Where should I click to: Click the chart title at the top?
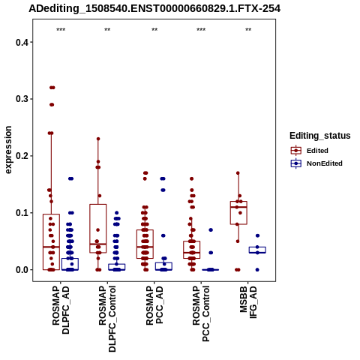154,8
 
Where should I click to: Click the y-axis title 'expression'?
8,150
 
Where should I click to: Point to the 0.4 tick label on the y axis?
21,42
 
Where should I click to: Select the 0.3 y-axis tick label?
21,99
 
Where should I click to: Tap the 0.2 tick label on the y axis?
21,156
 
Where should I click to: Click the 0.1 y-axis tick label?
21,213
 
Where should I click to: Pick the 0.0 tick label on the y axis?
21,270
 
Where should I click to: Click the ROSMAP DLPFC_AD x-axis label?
61,310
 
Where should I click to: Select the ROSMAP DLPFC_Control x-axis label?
107,319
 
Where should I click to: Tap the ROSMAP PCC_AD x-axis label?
154,305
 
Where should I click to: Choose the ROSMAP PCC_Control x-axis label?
201,314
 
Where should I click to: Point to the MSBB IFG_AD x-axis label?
248,302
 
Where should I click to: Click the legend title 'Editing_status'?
320,136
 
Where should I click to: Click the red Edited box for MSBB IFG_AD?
238,213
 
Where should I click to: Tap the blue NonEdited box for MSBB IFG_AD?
257,250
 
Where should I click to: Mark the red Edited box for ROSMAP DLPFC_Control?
98,229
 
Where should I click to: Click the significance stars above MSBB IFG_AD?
248,30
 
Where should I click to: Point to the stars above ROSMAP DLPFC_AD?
61,30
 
